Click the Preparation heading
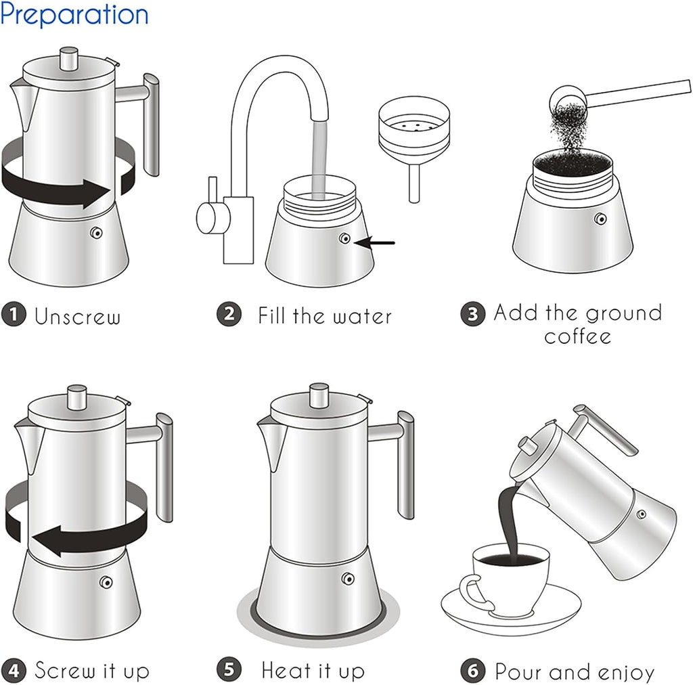(74, 14)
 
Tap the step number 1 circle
(14, 315)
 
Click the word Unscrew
(78, 316)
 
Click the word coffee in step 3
(577, 336)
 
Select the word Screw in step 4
(65, 671)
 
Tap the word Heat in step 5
(285, 671)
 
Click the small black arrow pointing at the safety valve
(378, 242)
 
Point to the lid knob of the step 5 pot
(319, 396)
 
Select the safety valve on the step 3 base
(600, 218)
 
